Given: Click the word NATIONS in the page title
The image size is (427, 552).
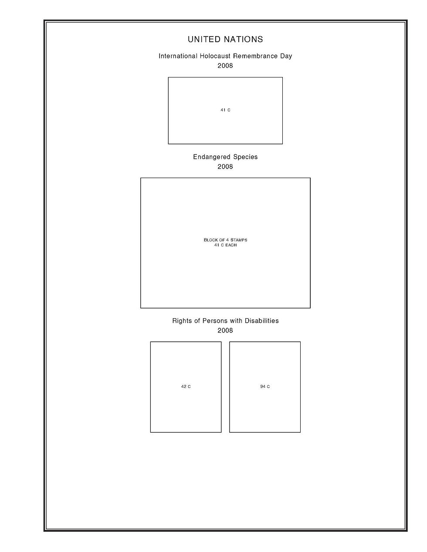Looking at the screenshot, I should (x=243, y=40).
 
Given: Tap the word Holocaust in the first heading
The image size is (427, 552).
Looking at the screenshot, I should (x=215, y=56).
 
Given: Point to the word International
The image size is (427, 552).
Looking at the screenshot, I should (x=178, y=56).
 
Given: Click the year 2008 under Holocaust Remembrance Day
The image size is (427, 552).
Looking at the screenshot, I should (x=225, y=66).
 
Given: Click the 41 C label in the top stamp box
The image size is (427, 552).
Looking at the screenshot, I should (x=225, y=111).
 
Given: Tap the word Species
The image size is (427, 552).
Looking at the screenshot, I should (x=245, y=157).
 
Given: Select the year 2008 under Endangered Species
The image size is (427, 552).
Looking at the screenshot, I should (x=225, y=167).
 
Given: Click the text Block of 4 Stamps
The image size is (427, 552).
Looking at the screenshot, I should (x=225, y=240).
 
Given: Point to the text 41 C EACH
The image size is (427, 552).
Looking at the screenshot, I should (x=225, y=246).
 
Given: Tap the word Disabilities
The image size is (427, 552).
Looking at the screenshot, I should (x=261, y=321).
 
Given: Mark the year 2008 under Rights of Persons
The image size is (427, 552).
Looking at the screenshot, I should (x=225, y=330).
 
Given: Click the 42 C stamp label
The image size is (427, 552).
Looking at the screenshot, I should (x=186, y=387).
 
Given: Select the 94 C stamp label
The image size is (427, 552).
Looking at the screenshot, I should (x=265, y=387).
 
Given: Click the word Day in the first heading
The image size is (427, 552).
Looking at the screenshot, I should (x=286, y=56).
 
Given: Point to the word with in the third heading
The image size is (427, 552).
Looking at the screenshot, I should (x=236, y=321).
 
